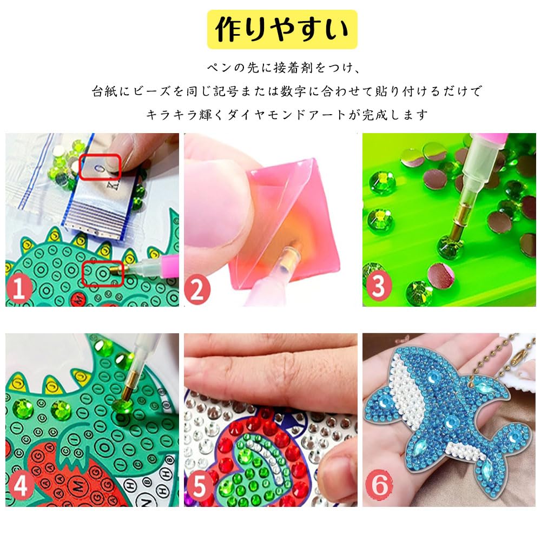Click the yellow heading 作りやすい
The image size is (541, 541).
click(282, 29)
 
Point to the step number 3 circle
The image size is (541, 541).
click(379, 285)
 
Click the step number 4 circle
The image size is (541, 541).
click(21, 486)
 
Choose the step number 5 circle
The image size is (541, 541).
click(199, 486)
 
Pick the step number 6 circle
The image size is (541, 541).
click(379, 484)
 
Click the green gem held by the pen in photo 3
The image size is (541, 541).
click(449, 246)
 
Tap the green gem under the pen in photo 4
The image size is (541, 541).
click(123, 408)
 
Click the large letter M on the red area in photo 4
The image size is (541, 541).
click(79, 485)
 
